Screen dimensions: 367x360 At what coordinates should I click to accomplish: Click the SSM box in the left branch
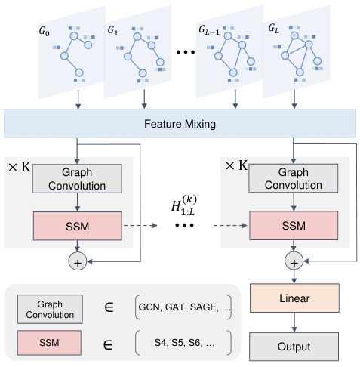[78, 224]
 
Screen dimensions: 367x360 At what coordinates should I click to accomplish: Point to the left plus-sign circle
[78, 262]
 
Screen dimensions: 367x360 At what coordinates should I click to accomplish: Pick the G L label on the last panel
[272, 28]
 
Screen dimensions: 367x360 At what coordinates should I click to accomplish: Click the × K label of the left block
[19, 164]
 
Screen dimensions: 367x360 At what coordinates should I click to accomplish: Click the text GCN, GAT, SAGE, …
[183, 307]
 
